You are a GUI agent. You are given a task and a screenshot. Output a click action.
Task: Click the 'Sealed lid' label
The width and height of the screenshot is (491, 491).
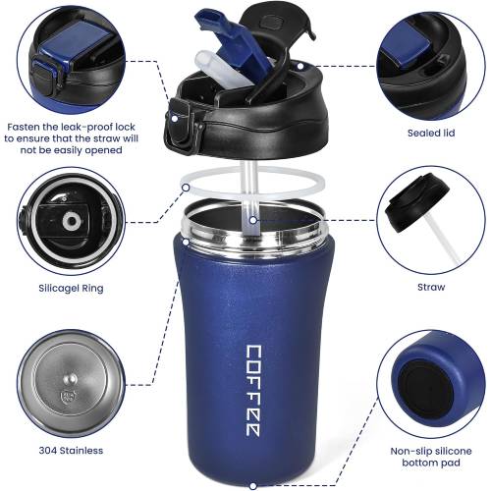click(x=431, y=133)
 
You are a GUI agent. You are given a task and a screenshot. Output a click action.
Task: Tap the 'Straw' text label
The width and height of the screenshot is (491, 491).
click(x=431, y=287)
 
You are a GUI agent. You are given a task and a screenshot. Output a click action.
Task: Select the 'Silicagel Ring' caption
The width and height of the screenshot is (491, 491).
click(x=71, y=289)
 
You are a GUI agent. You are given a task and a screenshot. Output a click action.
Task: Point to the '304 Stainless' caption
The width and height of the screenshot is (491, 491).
click(x=71, y=451)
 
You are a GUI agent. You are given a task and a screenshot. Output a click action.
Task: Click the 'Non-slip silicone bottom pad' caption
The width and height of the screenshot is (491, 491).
click(x=431, y=457)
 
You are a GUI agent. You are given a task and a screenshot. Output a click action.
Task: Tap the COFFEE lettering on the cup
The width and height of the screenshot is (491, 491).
click(x=253, y=391)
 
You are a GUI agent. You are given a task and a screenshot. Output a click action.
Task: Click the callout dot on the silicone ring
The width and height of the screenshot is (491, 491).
click(x=186, y=188)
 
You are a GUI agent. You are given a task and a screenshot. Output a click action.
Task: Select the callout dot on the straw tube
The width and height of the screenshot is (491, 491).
click(x=252, y=220)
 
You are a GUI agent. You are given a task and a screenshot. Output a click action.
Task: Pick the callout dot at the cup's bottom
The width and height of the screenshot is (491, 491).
click(x=252, y=486)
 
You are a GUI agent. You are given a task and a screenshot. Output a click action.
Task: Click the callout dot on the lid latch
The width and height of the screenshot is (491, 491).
click(x=175, y=119)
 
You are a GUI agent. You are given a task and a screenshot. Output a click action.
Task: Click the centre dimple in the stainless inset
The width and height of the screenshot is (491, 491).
click(x=70, y=380)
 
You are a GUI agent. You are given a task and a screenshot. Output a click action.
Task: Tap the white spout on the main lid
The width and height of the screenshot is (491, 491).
click(x=223, y=70)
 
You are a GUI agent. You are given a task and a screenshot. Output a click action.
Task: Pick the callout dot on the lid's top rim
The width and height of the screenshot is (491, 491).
click(x=300, y=66)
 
